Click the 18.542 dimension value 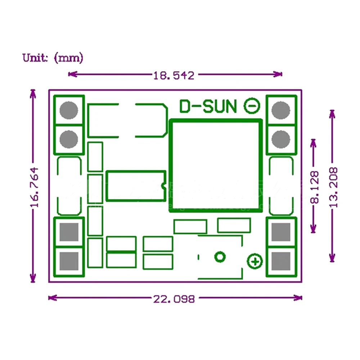[x=174, y=75]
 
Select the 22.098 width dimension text [x=174, y=298]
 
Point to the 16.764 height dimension [x=34, y=187]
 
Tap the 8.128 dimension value [x=314, y=187]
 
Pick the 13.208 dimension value [x=333, y=187]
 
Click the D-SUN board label [x=208, y=106]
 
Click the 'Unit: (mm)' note [x=53, y=58]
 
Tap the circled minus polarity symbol [x=252, y=106]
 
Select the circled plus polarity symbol [x=255, y=261]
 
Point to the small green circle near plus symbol [x=220, y=257]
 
